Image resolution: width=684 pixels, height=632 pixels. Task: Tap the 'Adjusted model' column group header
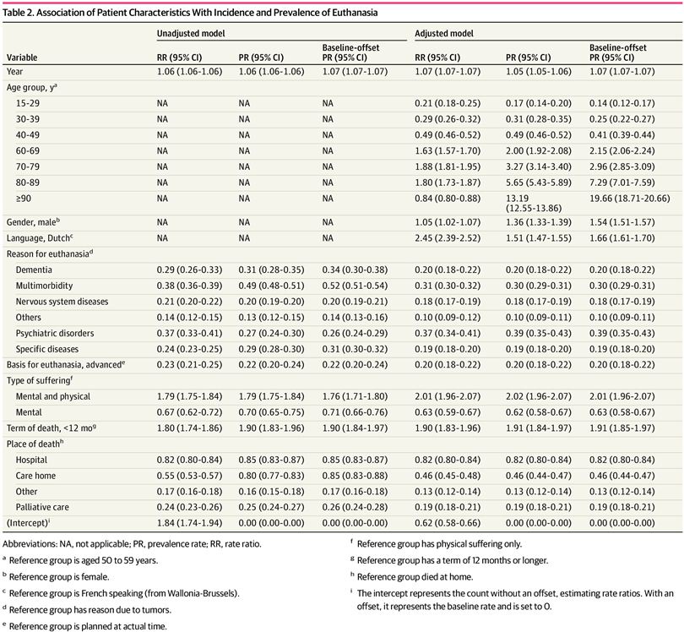443,34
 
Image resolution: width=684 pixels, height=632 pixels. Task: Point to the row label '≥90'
23,199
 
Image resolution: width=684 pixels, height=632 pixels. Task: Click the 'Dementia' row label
35,268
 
